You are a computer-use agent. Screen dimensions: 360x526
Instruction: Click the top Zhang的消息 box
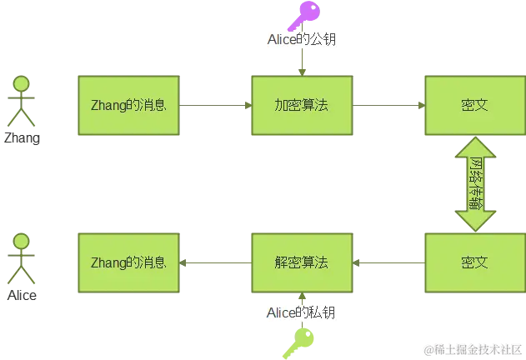click(128, 105)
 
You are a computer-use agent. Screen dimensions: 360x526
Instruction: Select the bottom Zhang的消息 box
click(128, 262)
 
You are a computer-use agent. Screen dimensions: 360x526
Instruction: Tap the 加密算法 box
click(302, 105)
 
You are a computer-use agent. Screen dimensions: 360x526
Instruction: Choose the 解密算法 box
click(302, 262)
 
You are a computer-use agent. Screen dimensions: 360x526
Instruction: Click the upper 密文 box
click(474, 105)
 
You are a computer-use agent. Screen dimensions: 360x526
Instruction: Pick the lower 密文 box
click(474, 262)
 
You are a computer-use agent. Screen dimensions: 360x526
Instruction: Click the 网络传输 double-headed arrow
click(475, 183)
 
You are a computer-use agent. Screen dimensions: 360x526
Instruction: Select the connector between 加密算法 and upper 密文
click(388, 105)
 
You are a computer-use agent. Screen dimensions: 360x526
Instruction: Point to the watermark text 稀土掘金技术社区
click(472, 348)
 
